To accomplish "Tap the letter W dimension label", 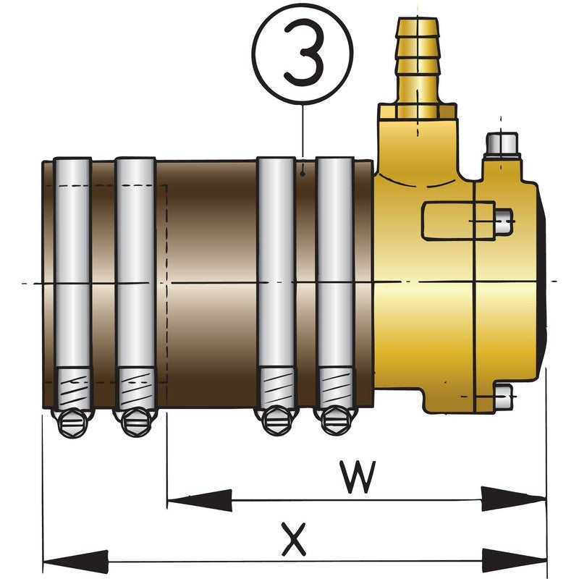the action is pos(358,477).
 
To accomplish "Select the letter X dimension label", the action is pos(294,538).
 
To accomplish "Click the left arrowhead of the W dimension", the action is pos(200,500).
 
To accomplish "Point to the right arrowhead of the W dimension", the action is pos(514,499).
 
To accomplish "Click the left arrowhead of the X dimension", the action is pos(76,562).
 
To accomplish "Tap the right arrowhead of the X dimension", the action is pos(515,562).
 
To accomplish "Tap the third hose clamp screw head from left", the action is pos(276,421).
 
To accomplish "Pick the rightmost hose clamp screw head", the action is pos(336,421).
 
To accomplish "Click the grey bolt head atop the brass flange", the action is pos(501,145).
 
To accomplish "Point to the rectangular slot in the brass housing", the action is pos(458,221).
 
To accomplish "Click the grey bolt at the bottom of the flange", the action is pos(503,397).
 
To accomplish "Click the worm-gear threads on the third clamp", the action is pos(277,386).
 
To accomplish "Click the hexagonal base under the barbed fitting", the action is pos(418,111).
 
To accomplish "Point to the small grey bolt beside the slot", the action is pos(504,221).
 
